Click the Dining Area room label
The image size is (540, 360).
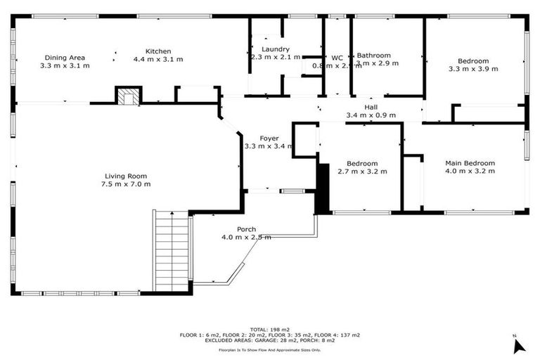(65, 58)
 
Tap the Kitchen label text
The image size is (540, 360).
(158, 51)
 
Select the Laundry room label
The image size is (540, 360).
(266, 49)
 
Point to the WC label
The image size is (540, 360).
(337, 57)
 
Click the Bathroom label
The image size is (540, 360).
(373, 55)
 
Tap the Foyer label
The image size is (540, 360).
(269, 139)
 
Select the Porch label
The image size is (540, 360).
(246, 229)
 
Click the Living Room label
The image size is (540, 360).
(126, 176)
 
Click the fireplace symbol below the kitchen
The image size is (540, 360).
(128, 97)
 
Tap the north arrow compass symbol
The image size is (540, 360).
(519, 345)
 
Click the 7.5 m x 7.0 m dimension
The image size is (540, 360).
(126, 184)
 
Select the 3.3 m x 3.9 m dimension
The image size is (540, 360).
(472, 69)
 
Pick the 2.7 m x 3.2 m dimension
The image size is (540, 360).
(362, 171)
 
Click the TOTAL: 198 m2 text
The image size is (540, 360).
(269, 329)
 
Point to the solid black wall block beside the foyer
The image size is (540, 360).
(322, 188)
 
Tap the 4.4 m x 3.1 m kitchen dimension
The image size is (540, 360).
(158, 60)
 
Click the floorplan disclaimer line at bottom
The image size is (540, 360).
(269, 349)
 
